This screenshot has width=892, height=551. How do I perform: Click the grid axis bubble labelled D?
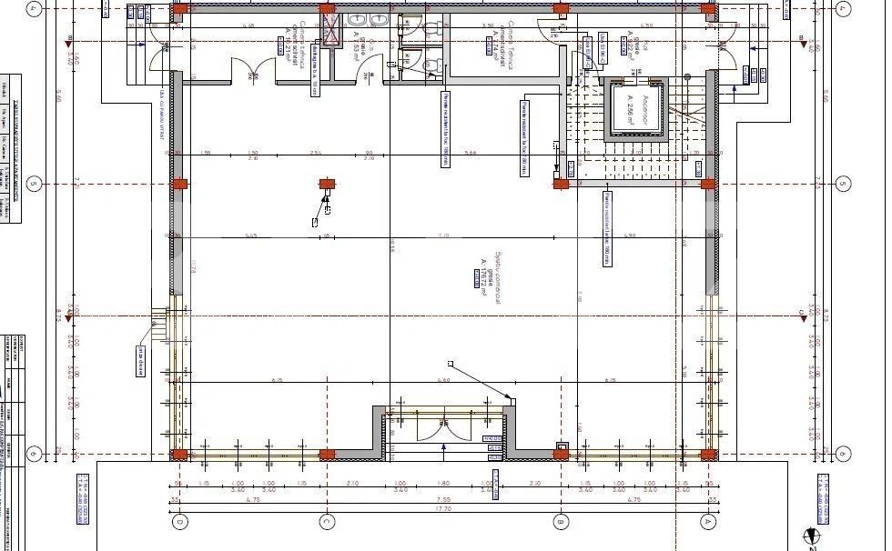point(180,522)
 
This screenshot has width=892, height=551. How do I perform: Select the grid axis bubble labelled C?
point(326,522)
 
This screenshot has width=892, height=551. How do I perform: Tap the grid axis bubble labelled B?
point(562,522)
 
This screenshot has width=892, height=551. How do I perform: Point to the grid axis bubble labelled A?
point(706,522)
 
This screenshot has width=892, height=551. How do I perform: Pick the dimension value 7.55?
point(443,499)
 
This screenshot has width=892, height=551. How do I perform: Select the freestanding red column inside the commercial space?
point(327,185)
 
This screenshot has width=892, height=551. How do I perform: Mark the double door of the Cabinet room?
point(253,69)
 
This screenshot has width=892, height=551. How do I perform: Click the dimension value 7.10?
point(443,235)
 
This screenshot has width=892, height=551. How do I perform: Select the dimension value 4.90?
point(628,235)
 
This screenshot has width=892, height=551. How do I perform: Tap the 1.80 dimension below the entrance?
point(443,483)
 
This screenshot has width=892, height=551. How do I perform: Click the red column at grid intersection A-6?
point(707,454)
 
